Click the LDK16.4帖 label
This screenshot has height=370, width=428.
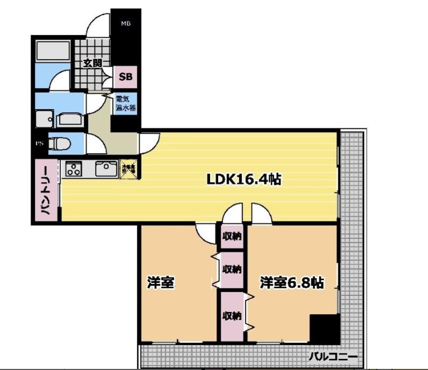244,179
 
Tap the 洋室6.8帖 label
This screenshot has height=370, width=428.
292,283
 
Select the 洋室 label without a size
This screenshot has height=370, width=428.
160,283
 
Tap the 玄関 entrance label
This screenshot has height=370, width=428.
92,63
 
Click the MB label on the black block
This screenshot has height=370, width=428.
126,24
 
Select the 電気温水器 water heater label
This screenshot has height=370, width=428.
126,103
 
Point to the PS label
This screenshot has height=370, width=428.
39,143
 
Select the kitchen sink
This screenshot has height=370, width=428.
105,169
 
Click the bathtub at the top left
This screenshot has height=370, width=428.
52,52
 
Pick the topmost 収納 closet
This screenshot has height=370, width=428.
232,236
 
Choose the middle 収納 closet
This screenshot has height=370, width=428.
232,269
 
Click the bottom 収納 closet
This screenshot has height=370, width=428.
231,315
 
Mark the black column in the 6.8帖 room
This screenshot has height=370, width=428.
324,328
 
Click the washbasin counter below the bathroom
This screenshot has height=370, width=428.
70,118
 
